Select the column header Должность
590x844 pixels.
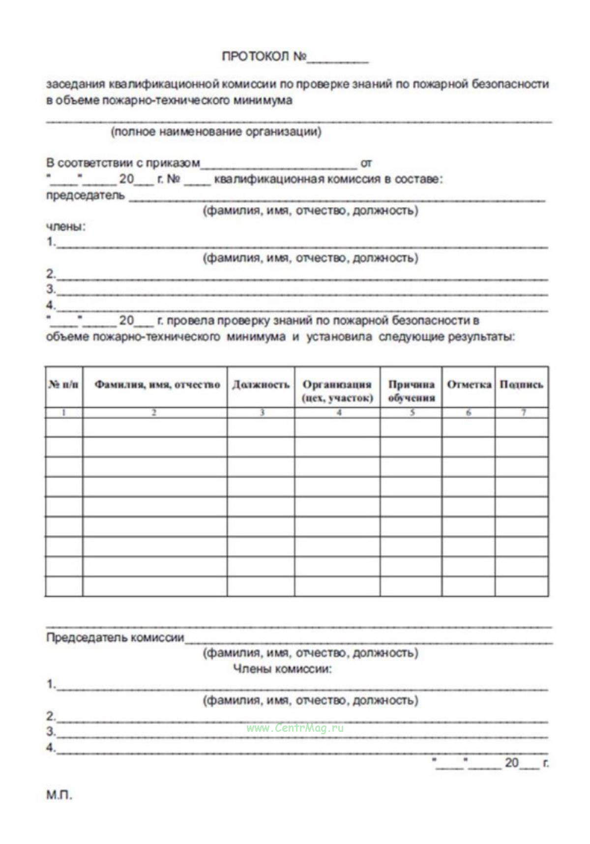point(261,385)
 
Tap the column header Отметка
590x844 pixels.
point(469,385)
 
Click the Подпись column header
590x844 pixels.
point(522,385)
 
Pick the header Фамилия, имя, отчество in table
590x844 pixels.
point(157,385)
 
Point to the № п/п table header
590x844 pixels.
point(63,385)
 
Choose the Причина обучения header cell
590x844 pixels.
point(411,391)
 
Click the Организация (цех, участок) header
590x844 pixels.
point(337,391)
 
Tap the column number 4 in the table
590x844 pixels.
point(339,413)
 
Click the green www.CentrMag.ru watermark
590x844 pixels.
point(295,728)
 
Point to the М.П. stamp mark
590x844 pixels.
point(59,795)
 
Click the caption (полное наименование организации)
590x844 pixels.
point(216,132)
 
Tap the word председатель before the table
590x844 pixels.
point(86,195)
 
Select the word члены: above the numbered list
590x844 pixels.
point(66,227)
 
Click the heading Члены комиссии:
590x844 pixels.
point(282,669)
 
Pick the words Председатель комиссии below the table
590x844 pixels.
point(115,638)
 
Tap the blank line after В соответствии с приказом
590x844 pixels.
point(278,166)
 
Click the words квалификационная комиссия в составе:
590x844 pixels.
point(328,179)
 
